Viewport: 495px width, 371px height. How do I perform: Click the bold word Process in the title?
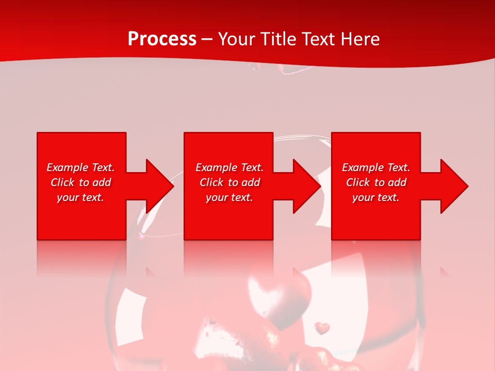pyautogui.click(x=162, y=39)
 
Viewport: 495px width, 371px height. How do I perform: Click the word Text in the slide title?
pyautogui.click(x=319, y=39)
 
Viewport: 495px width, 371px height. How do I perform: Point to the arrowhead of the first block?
pyautogui.click(x=157, y=186)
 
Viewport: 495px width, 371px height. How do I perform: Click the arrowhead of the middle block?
pyautogui.click(x=305, y=186)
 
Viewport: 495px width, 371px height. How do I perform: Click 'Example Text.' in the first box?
pyautogui.click(x=80, y=167)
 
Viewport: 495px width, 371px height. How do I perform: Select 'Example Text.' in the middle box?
pyautogui.click(x=229, y=167)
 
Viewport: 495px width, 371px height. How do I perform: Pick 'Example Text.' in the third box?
pyautogui.click(x=376, y=167)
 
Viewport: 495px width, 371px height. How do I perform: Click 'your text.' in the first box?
pyautogui.click(x=80, y=197)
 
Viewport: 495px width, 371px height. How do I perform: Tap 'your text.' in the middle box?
pyautogui.click(x=229, y=197)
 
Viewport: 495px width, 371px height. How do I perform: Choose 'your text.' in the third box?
pyautogui.click(x=376, y=197)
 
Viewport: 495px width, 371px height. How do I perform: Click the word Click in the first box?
pyautogui.click(x=62, y=182)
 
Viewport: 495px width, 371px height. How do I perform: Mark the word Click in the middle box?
pyautogui.click(x=211, y=182)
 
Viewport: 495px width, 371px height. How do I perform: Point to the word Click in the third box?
pyautogui.click(x=358, y=182)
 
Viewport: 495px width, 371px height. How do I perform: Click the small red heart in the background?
pyautogui.click(x=322, y=327)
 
